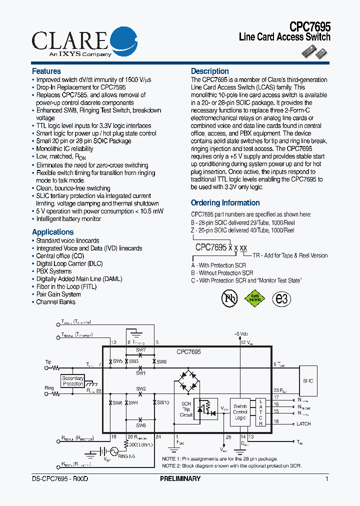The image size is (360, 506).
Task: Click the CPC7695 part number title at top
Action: click(310, 26)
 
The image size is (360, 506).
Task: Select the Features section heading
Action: click(46, 71)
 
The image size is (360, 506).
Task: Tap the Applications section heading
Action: click(52, 232)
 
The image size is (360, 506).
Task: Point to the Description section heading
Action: click(210, 71)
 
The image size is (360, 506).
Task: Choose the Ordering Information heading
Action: click(225, 203)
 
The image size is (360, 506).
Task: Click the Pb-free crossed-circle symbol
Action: click(229, 298)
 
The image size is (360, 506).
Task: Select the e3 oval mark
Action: click(281, 298)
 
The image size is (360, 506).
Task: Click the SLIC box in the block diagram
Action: click(307, 381)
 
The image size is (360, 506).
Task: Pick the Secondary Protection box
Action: click(73, 381)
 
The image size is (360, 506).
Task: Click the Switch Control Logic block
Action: click(240, 411)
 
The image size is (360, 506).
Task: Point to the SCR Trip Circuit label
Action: click(186, 409)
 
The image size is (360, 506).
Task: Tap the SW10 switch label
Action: click(163, 402)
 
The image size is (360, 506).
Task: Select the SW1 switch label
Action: click(140, 373)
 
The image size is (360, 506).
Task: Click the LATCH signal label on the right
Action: click(303, 424)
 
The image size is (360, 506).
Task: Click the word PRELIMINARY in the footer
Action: click(180, 478)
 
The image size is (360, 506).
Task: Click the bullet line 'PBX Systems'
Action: click(54, 271)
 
